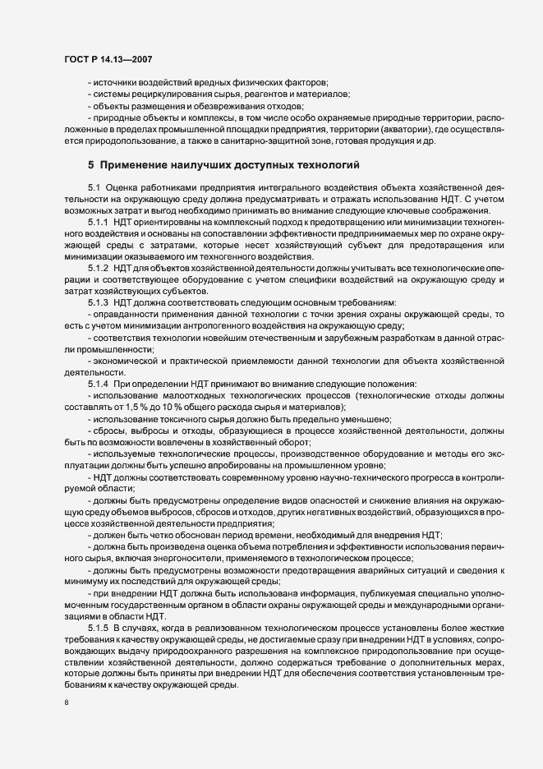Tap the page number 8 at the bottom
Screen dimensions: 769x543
tap(66, 702)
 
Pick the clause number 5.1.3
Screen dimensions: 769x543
tap(99, 303)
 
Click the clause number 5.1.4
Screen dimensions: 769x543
tap(99, 384)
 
